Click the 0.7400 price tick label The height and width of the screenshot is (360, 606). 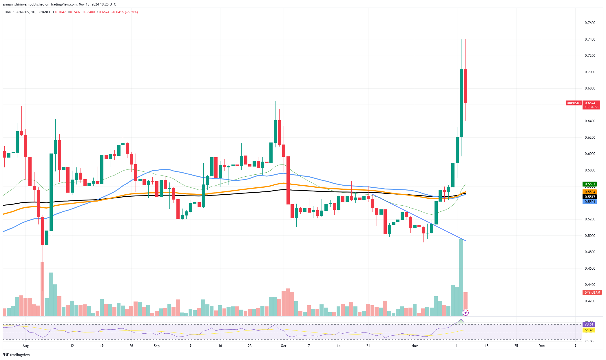click(590, 39)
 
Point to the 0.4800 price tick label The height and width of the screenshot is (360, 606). click(590, 252)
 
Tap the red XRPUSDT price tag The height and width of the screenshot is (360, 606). click(574, 103)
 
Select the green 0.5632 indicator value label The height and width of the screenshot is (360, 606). click(589, 184)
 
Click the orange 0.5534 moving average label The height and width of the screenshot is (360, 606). click(589, 192)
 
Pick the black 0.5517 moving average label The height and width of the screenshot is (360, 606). click(589, 197)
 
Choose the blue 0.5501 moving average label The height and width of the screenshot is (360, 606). click(589, 202)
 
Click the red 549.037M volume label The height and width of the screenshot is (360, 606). click(592, 293)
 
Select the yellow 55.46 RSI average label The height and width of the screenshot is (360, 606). click(589, 330)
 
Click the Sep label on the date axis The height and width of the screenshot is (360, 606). click(156, 346)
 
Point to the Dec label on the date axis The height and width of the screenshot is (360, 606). click(541, 346)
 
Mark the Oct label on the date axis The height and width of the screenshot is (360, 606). click(283, 346)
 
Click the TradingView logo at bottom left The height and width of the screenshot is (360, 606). click(17, 355)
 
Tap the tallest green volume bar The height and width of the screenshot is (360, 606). click(461, 278)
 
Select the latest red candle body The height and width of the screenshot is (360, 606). click(466, 86)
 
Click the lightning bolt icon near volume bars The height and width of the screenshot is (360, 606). click(466, 313)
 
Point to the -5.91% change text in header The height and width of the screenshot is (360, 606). click(131, 12)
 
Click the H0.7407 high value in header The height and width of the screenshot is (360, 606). click(74, 12)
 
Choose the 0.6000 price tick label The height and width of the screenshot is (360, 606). click(590, 154)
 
